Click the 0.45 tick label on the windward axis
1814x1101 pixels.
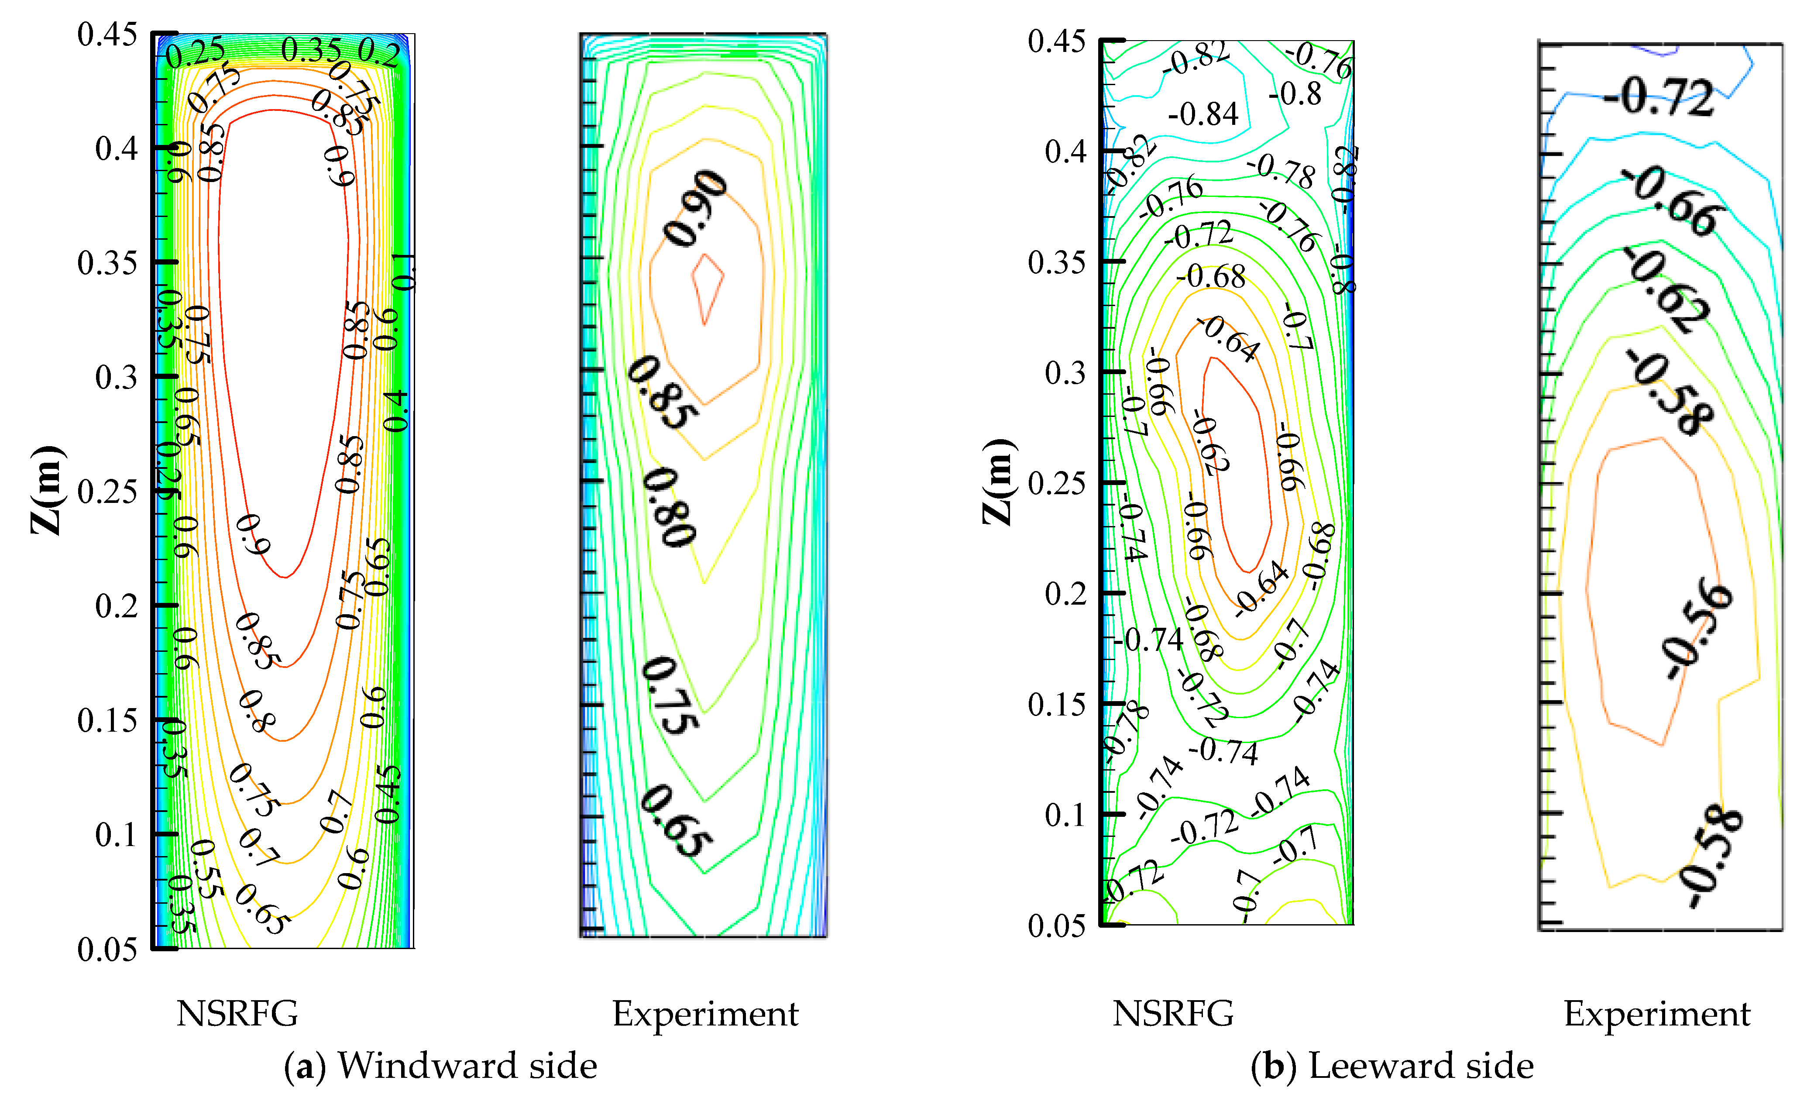click(107, 34)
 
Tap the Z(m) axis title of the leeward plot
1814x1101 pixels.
click(999, 482)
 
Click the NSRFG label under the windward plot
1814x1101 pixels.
click(237, 1013)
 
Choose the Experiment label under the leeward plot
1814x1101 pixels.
click(1656, 1013)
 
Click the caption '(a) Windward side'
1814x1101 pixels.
click(440, 1066)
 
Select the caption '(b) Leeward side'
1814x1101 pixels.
click(1391, 1066)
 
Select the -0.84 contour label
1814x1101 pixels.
click(1203, 114)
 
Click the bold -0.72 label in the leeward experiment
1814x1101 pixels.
click(1658, 97)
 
